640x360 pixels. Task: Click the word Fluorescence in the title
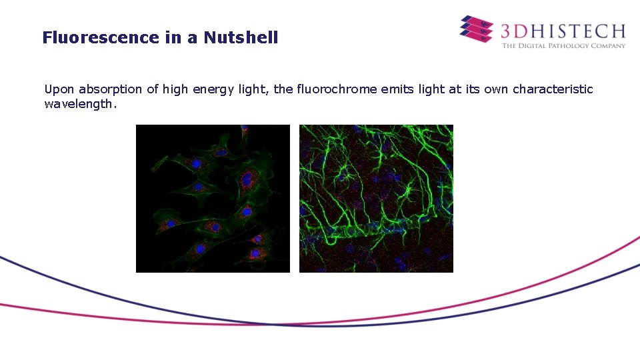101,37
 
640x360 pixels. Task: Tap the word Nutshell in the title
241,37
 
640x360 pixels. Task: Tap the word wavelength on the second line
79,104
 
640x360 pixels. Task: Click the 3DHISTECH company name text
563,30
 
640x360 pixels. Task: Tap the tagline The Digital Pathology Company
563,45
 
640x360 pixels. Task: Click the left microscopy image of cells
213,198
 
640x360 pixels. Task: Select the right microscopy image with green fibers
376,198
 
